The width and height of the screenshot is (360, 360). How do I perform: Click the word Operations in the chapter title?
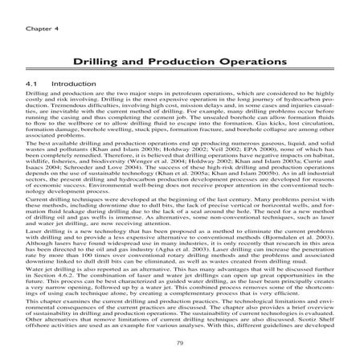click(256, 61)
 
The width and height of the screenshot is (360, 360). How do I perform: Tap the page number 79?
click(179, 344)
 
